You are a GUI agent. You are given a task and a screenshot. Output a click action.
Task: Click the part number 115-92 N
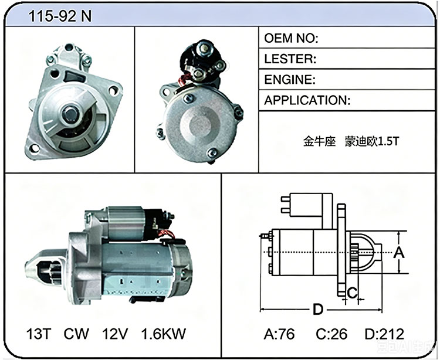60,16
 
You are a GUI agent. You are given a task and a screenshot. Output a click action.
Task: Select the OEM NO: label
291,38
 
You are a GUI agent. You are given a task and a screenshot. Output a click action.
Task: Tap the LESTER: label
290,59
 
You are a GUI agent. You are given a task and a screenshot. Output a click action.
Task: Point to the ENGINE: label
290,80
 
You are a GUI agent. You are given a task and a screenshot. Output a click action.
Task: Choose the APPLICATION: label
307,100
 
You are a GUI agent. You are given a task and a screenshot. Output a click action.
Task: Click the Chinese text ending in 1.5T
351,141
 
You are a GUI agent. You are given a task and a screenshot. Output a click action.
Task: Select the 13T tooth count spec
39,334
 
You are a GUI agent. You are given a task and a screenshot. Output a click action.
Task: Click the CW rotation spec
76,334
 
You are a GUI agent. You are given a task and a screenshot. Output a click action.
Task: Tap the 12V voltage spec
115,334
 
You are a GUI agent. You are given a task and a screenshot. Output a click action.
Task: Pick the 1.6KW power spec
163,334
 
